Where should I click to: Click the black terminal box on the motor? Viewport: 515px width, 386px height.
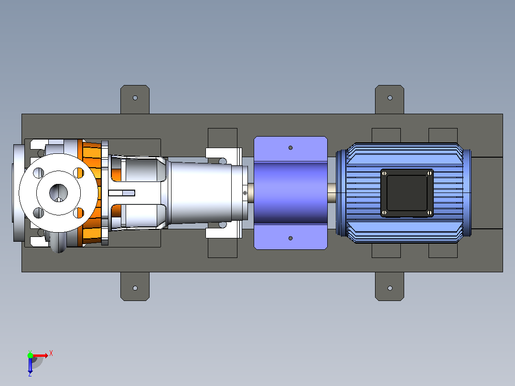point(407,193)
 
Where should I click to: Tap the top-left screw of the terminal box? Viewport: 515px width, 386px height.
point(384,173)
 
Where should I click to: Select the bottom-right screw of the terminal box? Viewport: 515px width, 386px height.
point(429,213)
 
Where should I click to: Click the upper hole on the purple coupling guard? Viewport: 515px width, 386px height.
point(290,148)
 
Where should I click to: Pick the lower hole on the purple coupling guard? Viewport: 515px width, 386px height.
point(290,238)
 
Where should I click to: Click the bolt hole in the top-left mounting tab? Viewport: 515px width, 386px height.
point(135,98)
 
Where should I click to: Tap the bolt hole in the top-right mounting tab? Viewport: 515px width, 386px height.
point(390,98)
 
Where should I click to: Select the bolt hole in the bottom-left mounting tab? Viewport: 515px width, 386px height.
point(135,288)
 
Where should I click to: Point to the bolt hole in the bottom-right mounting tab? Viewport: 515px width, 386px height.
point(390,288)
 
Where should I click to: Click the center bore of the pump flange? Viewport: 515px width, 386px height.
point(58,193)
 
